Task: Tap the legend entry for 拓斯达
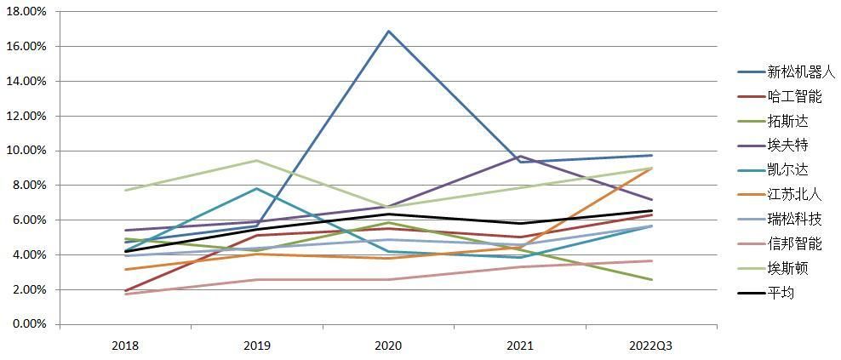point(772,121)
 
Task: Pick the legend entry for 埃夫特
point(772,146)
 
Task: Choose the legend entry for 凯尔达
point(772,170)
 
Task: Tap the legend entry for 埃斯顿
point(772,268)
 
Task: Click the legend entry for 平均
point(766,293)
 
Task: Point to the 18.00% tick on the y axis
point(26,12)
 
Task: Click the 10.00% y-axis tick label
point(26,151)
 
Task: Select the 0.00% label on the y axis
point(29,324)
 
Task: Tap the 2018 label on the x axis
point(125,347)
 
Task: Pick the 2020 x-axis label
point(388,347)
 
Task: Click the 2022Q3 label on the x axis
point(652,347)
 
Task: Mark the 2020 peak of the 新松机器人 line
point(388,31)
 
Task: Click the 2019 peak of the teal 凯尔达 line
point(257,188)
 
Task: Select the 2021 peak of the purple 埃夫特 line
point(520,156)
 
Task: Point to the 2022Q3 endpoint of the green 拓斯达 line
point(652,279)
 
